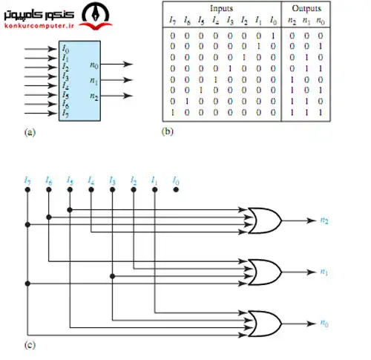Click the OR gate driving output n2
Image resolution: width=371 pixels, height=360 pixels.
265,220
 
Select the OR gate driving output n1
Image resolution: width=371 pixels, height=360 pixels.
265,272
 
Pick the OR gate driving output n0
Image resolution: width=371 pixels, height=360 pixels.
265,324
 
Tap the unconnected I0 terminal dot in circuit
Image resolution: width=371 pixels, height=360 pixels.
176,190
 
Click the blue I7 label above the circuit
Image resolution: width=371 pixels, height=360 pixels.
27,180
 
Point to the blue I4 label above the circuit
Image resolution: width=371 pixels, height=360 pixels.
91,180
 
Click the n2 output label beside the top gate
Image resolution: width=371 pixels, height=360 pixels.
324,220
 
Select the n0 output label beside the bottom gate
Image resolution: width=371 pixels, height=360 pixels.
324,323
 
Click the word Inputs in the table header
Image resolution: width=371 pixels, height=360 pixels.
221,8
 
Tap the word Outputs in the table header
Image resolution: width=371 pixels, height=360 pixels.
306,8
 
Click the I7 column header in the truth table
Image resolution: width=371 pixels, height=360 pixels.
173,20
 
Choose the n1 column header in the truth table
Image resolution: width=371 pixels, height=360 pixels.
306,22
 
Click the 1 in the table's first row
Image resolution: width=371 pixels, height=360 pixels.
273,36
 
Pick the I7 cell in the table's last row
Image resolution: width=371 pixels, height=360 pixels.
173,113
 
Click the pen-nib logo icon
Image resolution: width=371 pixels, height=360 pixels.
96,16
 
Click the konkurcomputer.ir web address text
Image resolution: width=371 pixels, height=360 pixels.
39,26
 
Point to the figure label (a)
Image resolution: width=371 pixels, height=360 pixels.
30,132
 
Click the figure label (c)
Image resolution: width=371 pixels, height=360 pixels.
30,344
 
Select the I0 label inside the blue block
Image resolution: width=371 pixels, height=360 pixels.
65,49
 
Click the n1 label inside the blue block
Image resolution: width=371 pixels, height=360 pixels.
93,81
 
